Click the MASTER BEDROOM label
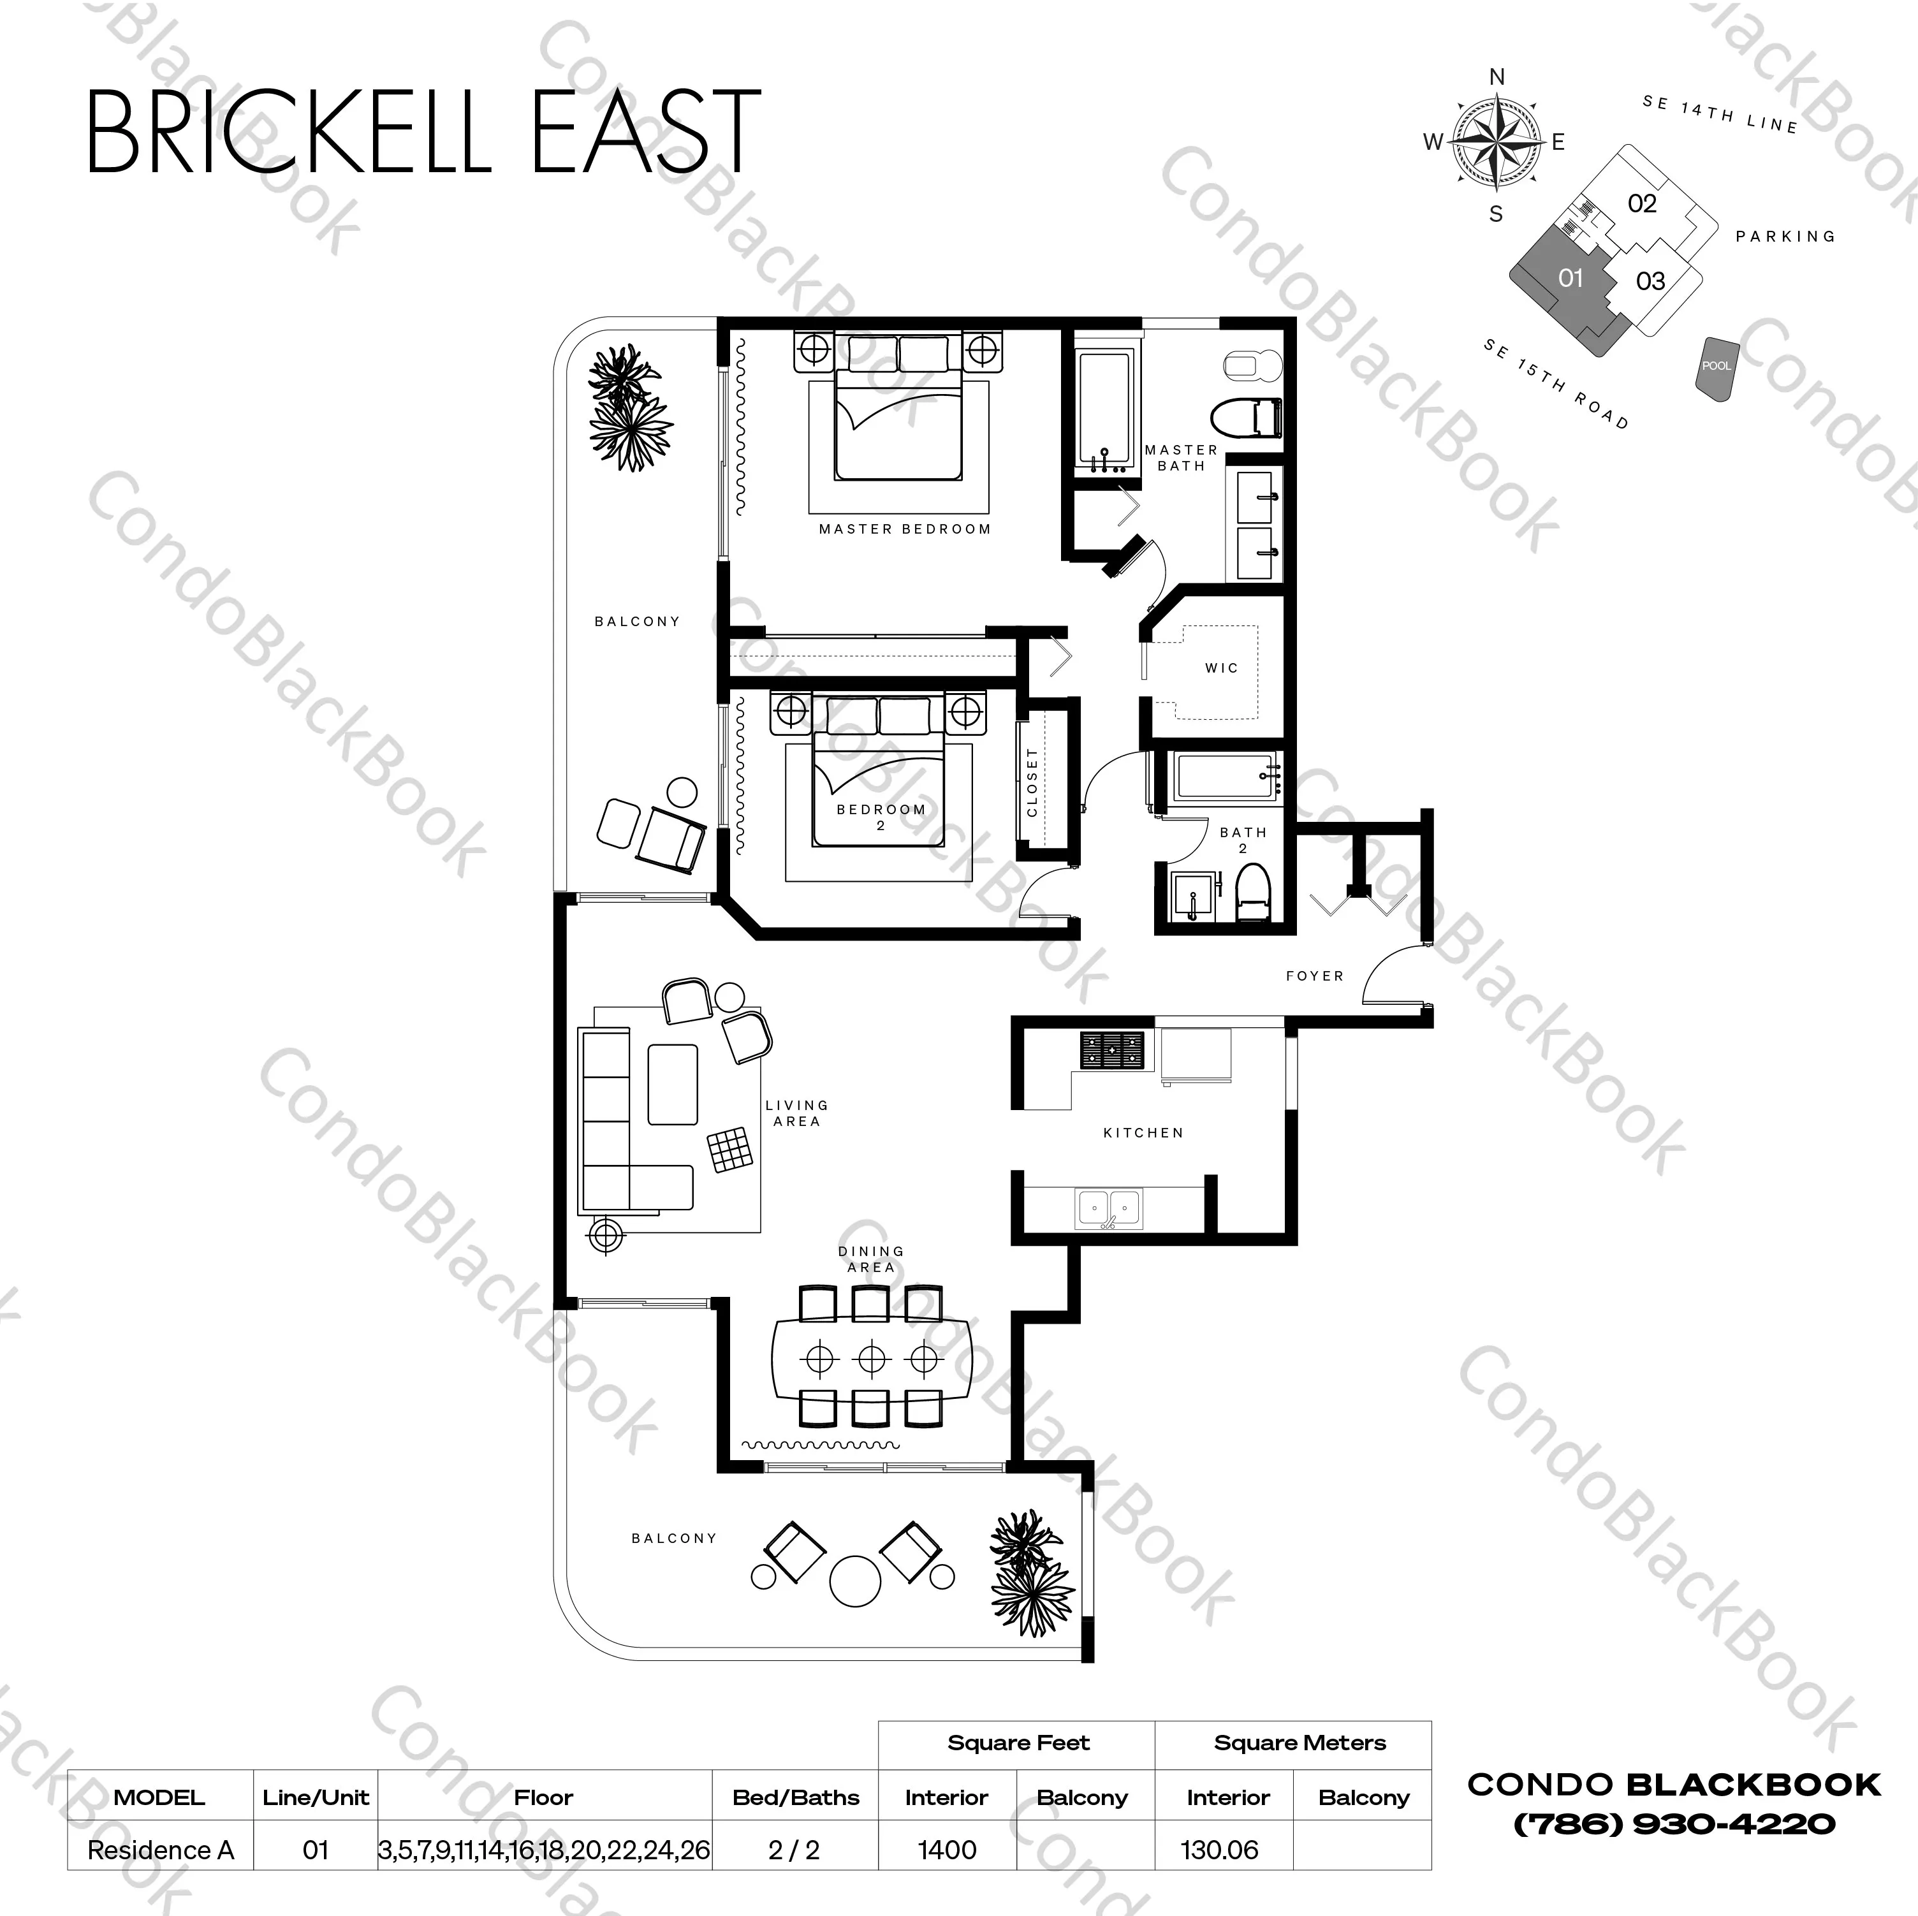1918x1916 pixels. [x=904, y=529]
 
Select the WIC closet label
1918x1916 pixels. [x=1221, y=668]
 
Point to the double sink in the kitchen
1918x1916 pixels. [x=1109, y=1208]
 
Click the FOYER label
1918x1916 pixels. [x=1314, y=976]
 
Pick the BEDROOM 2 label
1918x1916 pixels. [x=881, y=816]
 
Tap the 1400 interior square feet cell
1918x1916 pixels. [x=947, y=1850]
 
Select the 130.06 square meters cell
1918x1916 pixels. [x=1220, y=1850]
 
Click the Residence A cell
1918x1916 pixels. [x=160, y=1850]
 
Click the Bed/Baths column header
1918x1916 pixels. [x=795, y=1797]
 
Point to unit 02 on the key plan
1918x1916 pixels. [x=1642, y=203]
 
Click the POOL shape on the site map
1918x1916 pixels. [x=1717, y=367]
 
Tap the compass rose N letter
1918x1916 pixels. [x=1497, y=77]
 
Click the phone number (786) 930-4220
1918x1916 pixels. [x=1674, y=1824]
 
